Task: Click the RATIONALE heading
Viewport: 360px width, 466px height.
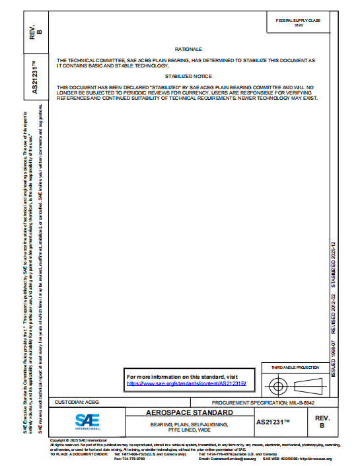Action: [188, 50]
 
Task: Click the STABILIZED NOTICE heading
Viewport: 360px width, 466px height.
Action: [188, 77]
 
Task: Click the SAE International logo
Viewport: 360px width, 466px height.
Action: [86, 421]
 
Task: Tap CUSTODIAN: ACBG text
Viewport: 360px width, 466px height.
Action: [77, 402]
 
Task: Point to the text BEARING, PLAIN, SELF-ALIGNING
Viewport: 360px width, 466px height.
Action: [189, 424]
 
